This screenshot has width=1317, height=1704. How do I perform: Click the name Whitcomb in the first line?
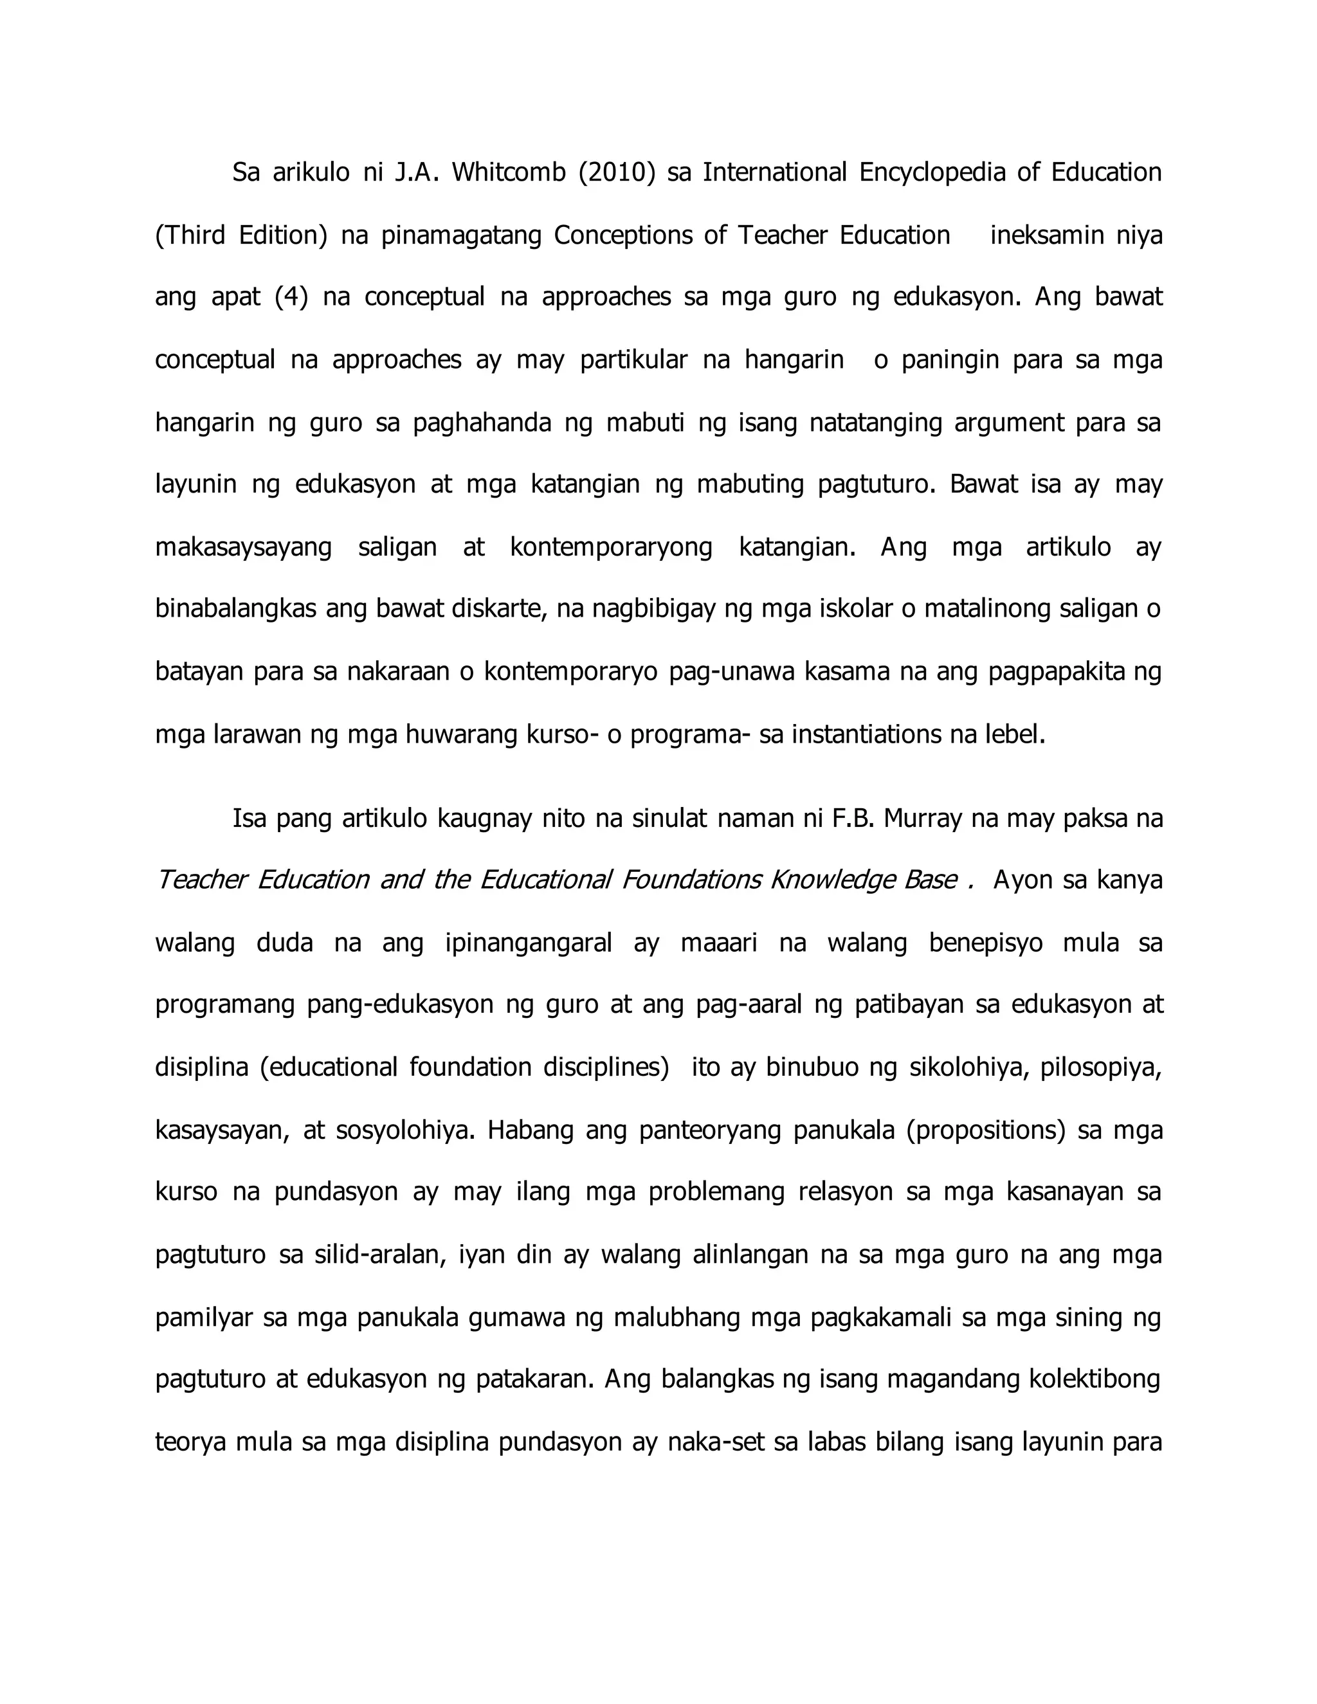coord(508,172)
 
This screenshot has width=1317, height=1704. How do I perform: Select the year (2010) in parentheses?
coord(616,172)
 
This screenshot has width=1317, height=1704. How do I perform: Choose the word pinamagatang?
coord(461,235)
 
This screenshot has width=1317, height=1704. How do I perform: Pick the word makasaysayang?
coord(244,547)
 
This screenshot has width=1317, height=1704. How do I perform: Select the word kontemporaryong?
coord(611,547)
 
